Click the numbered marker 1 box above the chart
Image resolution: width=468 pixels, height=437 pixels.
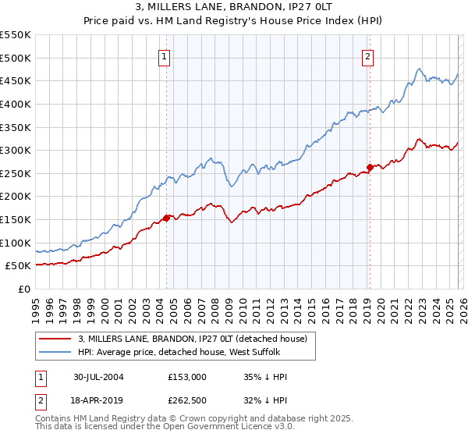click(x=165, y=55)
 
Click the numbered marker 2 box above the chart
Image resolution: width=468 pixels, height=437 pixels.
click(x=367, y=55)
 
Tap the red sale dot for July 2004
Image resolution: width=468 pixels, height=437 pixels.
click(x=166, y=218)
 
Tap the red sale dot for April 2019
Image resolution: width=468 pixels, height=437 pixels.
click(x=370, y=167)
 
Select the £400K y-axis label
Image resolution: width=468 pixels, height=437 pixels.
click(x=17, y=104)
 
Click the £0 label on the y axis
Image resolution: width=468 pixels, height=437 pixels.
click(x=25, y=289)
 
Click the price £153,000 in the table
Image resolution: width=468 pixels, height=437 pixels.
click(x=187, y=376)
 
